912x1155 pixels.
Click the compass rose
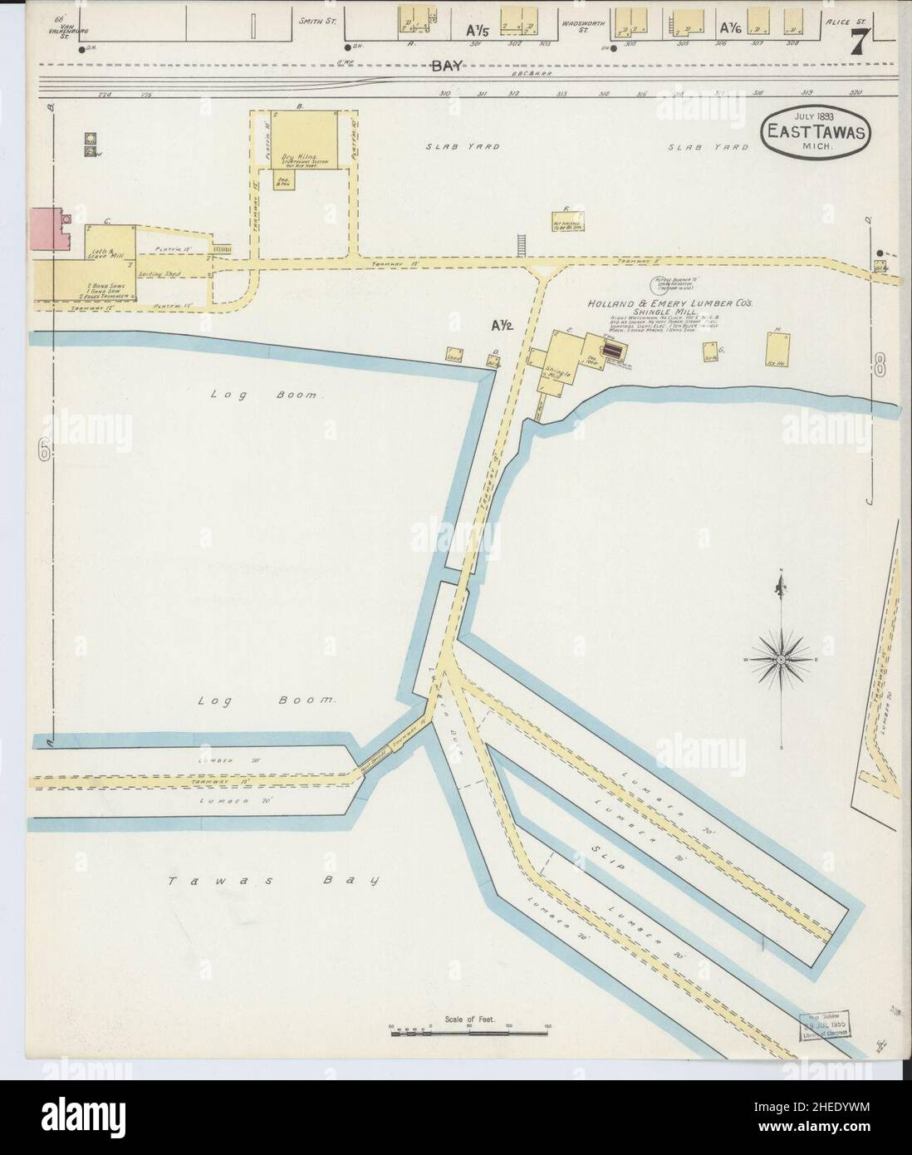click(x=781, y=659)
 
